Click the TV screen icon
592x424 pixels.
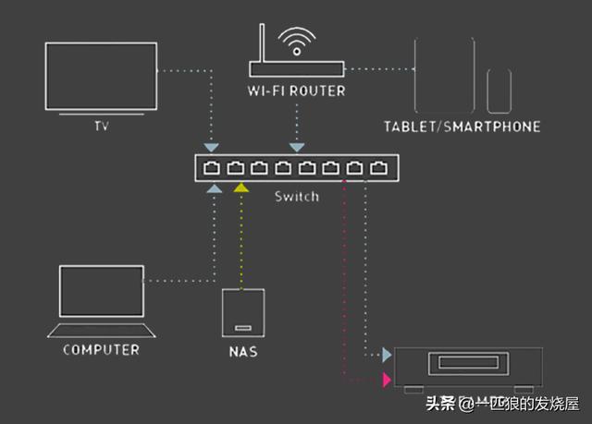click(x=101, y=43)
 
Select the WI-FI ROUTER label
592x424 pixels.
click(x=296, y=91)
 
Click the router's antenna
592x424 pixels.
click(x=262, y=43)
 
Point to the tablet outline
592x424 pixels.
click(x=415, y=76)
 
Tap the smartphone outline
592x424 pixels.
click(x=487, y=91)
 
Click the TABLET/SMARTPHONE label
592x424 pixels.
click(x=462, y=127)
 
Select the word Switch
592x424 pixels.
click(x=297, y=197)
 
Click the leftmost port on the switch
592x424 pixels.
click(x=212, y=168)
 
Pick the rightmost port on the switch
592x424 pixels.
click(x=378, y=168)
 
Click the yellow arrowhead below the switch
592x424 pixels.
click(x=240, y=188)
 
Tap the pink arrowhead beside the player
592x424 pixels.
click(x=387, y=380)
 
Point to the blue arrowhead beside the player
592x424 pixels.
click(x=387, y=355)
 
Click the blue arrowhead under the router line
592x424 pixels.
click(x=297, y=148)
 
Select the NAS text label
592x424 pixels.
click(x=243, y=352)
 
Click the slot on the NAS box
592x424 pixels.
click(x=243, y=328)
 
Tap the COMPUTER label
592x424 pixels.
click(x=101, y=350)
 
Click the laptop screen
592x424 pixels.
click(x=102, y=266)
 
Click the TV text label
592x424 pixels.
click(x=102, y=126)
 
